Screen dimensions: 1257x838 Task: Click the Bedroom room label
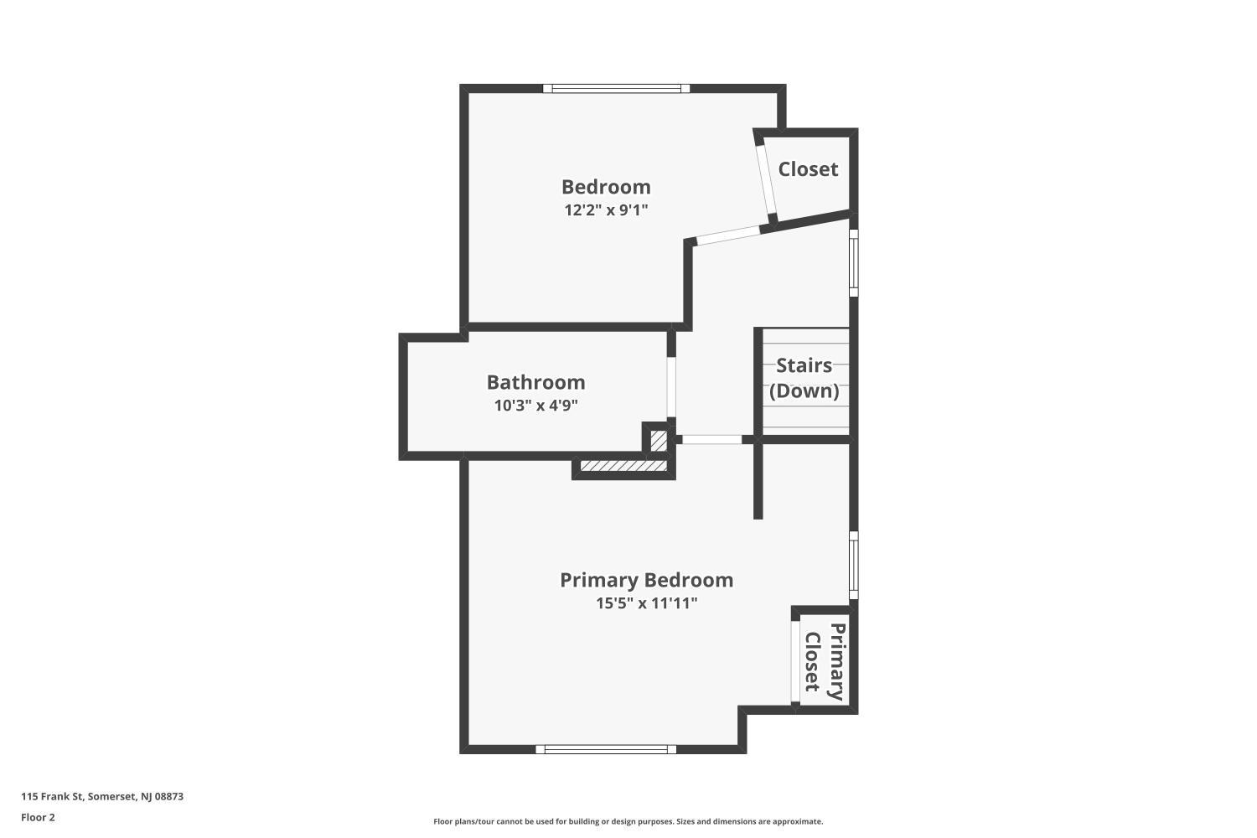click(x=606, y=187)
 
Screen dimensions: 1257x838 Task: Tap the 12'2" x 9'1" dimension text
click(x=606, y=210)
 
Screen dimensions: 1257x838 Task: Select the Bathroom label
click(x=536, y=382)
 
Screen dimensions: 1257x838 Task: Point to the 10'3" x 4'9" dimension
click(x=536, y=406)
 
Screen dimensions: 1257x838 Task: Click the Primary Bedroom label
click(x=646, y=581)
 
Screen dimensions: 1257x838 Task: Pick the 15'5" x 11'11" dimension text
click(x=646, y=603)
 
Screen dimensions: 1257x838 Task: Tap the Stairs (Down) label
click(x=804, y=378)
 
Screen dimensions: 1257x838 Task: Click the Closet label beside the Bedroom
click(x=808, y=169)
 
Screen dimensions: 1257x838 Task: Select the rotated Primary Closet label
click(x=825, y=662)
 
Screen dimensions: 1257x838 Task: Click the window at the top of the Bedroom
click(x=616, y=88)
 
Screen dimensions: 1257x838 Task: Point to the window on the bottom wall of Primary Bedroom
click(x=606, y=749)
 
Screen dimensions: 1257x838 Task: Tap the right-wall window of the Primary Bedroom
click(x=854, y=565)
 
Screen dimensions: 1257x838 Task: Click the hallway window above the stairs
click(x=854, y=262)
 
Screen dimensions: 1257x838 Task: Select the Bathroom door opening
click(x=671, y=386)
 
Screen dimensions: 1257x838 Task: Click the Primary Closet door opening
click(x=795, y=662)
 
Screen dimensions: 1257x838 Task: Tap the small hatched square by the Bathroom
click(x=659, y=441)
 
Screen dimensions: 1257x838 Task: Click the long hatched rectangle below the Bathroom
click(x=623, y=467)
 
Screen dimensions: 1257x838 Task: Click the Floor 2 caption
click(x=39, y=817)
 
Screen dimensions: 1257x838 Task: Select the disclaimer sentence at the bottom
click(x=628, y=821)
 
